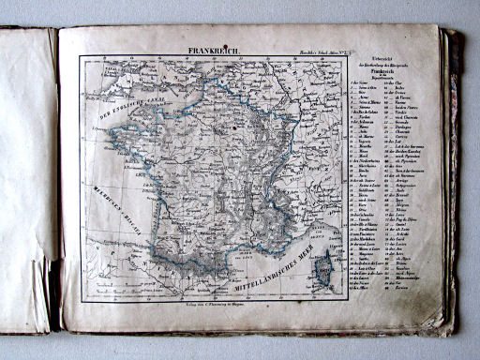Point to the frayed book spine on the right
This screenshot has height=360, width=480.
click(x=452, y=178)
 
